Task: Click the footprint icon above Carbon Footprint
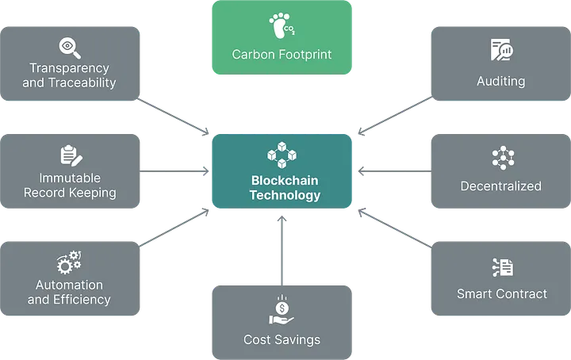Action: (x=282, y=29)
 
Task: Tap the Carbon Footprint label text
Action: (x=282, y=55)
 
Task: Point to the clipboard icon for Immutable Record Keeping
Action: (x=70, y=156)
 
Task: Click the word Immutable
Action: (x=70, y=178)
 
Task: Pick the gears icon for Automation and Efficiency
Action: (x=69, y=262)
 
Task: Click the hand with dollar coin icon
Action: (x=282, y=311)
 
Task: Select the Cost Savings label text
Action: (x=282, y=339)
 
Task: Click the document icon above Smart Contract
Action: (x=502, y=267)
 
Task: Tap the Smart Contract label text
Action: (x=502, y=293)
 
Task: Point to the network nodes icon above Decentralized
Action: (x=502, y=159)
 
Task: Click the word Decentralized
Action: (x=501, y=186)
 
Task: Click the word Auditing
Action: (x=501, y=81)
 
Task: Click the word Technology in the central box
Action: (x=285, y=194)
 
